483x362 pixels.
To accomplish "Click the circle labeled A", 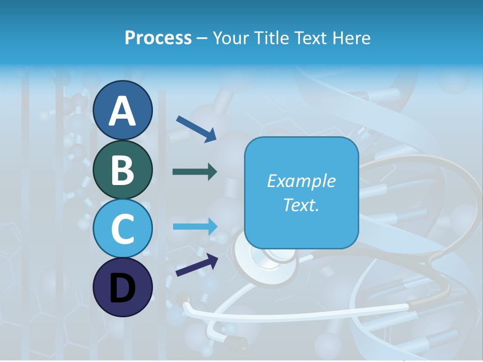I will point(122,110).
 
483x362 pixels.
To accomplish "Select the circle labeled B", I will point(122,169).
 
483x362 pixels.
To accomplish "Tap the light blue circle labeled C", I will point(122,228).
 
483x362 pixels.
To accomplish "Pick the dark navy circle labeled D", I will point(122,287).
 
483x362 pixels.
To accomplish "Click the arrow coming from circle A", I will point(196,128).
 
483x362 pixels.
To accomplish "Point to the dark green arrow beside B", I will point(195,172).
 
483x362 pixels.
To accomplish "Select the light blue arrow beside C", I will point(195,226).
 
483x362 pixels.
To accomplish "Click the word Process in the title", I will point(158,38).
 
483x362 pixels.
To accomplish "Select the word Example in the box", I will point(301,181).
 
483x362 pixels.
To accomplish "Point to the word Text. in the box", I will point(301,205).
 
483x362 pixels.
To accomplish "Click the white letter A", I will point(122,111).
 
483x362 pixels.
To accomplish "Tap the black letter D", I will point(122,288).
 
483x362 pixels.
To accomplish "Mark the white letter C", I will point(122,229).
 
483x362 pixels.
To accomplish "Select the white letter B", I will point(122,170).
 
